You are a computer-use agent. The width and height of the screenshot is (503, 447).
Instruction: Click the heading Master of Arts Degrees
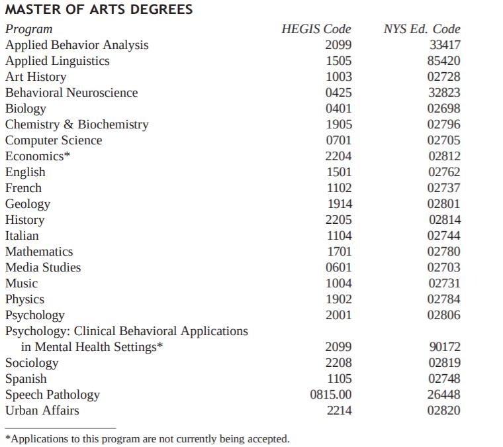point(99,10)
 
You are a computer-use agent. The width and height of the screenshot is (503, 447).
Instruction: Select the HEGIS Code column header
point(316,29)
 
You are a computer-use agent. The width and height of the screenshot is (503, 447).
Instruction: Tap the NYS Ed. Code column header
point(422,29)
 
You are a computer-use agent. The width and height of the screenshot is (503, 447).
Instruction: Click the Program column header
point(28,29)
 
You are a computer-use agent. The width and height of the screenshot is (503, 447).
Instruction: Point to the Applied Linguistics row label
point(58,61)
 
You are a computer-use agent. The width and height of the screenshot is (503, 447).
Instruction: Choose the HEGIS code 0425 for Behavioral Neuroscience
point(339,93)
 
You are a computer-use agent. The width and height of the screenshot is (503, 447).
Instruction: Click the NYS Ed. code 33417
point(444,45)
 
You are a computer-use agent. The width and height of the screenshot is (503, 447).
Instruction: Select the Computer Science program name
point(54,140)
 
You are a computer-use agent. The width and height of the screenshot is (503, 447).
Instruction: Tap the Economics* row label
point(38,156)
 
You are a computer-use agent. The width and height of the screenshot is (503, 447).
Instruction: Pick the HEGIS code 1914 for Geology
point(339,204)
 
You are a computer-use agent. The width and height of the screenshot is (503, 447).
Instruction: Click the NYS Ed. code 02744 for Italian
point(444,236)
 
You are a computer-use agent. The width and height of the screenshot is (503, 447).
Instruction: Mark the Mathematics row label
point(39,252)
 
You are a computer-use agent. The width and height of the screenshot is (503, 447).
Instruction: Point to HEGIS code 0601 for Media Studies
point(339,268)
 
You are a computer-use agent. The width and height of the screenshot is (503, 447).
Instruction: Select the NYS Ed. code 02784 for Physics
point(444,299)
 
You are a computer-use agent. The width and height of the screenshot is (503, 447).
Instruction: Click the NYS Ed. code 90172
point(444,347)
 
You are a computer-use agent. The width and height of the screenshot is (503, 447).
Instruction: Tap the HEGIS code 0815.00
point(331,395)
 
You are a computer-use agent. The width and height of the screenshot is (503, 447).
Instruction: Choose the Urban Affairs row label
point(42,411)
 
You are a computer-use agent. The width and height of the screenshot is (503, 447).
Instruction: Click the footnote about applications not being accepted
point(148,438)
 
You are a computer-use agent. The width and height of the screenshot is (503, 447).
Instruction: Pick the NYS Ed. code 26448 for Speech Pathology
point(444,395)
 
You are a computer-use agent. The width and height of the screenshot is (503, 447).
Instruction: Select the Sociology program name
point(32,363)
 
